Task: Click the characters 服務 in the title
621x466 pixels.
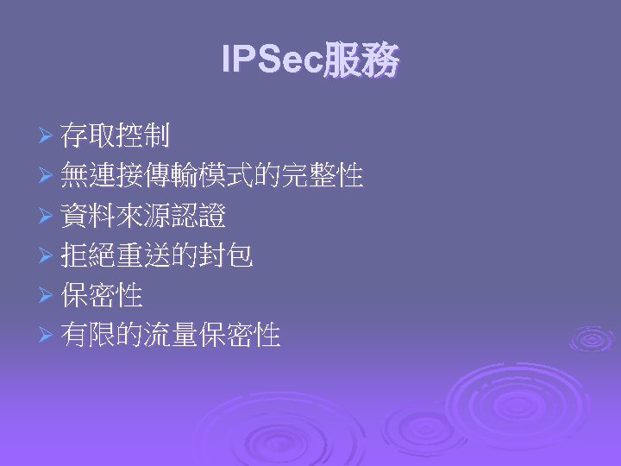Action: (361, 61)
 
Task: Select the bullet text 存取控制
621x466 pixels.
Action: (116, 135)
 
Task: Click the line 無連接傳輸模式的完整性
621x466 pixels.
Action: (211, 177)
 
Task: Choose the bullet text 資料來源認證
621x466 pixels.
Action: (143, 217)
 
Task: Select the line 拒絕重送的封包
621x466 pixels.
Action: (157, 256)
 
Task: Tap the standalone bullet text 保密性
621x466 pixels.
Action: (102, 296)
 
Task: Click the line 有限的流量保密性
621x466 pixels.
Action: (171, 336)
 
